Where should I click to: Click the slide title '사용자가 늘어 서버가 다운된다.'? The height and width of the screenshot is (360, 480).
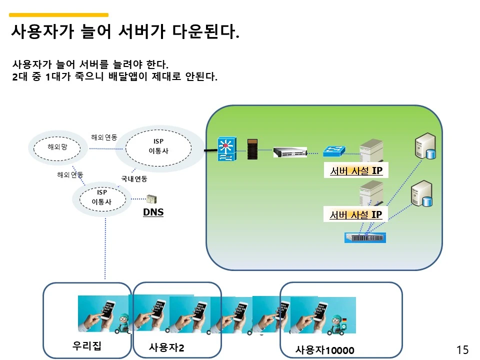(125, 32)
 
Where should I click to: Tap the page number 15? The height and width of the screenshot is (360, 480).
(462, 349)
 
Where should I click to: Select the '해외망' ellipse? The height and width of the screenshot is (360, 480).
(56, 147)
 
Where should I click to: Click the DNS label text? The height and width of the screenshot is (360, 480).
(153, 212)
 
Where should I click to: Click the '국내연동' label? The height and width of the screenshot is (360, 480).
(134, 178)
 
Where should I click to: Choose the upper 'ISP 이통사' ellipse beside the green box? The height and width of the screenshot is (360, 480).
(158, 146)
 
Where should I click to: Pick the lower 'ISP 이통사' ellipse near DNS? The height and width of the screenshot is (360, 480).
(101, 197)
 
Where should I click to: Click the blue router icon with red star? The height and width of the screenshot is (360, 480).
(225, 149)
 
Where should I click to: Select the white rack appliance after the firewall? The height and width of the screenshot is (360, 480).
(290, 151)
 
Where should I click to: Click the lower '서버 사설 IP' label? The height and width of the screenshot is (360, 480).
(356, 215)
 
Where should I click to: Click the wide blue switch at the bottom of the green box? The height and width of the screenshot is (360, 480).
(365, 237)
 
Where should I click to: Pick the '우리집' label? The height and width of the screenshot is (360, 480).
(87, 345)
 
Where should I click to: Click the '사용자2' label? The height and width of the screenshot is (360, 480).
(166, 347)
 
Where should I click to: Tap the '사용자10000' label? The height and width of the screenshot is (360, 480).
(324, 350)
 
